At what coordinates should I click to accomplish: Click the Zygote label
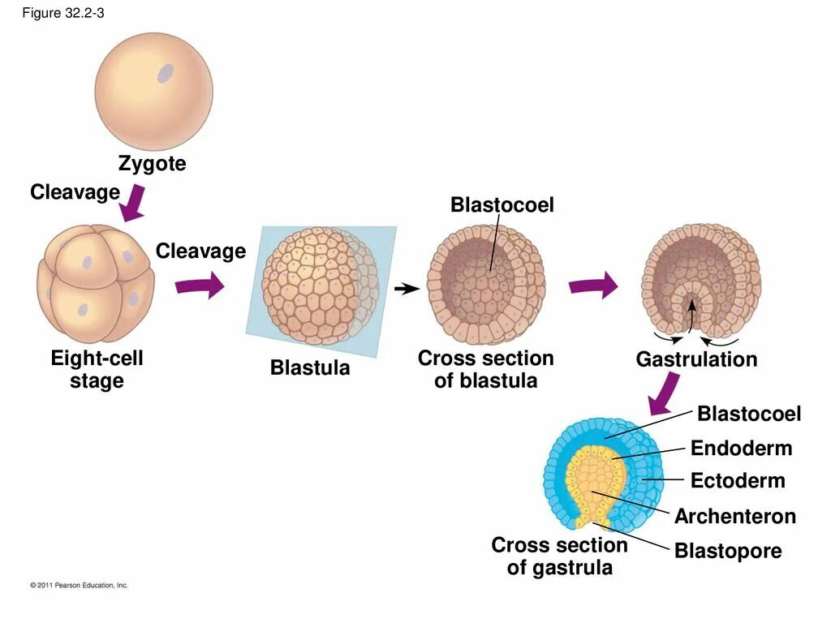click(152, 164)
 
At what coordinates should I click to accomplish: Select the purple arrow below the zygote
click(132, 203)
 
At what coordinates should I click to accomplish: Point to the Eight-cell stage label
click(97, 369)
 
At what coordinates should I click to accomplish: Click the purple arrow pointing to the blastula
click(199, 285)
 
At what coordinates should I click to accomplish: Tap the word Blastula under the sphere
click(310, 368)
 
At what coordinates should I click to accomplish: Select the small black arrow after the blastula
click(407, 288)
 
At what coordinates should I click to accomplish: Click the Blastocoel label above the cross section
click(502, 206)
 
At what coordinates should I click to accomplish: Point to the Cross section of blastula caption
click(485, 369)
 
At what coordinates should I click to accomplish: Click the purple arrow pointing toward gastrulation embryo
click(592, 286)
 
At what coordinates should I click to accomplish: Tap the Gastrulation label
click(696, 359)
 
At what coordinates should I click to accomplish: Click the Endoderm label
click(741, 449)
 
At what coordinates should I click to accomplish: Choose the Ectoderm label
click(738, 481)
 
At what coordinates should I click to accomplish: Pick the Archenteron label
click(735, 517)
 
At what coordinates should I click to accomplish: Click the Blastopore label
click(728, 552)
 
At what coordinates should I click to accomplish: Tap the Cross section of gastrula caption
click(560, 556)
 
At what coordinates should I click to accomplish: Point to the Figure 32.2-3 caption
click(63, 14)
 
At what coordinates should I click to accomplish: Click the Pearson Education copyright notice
click(79, 585)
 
